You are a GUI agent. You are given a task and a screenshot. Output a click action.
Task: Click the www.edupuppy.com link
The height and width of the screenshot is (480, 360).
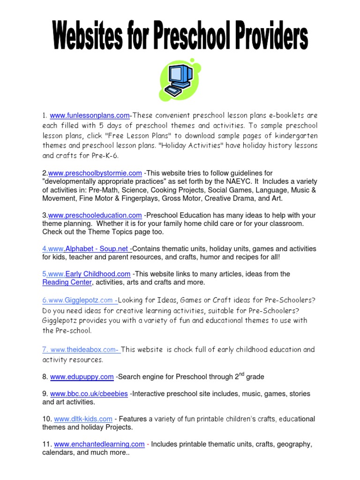click(82, 377)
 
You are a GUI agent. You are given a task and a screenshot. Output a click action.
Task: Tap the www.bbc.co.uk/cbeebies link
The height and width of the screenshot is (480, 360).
click(89, 394)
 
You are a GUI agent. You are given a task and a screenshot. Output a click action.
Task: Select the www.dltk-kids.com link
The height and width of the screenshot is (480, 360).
click(83, 419)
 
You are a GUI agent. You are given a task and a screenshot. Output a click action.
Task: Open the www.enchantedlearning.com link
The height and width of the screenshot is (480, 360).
click(99, 444)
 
